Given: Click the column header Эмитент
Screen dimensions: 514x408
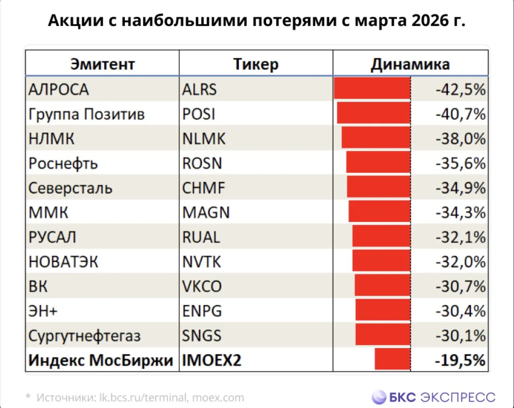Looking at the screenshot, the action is coord(103,64).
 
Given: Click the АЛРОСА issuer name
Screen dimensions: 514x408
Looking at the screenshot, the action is coord(59,89).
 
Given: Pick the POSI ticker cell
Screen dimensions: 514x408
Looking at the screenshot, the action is coord(199,114).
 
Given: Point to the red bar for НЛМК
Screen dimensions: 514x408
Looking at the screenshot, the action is coord(376,137).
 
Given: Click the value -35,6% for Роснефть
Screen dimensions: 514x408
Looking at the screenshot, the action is coord(461,163).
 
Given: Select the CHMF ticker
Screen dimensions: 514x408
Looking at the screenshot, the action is coord(204,187).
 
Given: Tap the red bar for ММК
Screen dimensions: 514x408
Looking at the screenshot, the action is coord(380,211).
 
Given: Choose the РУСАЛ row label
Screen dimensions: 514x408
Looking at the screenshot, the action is coord(52,237).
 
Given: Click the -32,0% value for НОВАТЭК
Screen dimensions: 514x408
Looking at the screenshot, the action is coord(461,262).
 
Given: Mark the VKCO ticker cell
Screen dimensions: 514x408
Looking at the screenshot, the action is coord(202,286).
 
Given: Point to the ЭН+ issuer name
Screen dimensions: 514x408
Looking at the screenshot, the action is coord(43,311).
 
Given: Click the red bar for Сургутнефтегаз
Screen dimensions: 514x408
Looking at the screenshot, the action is coord(383,334).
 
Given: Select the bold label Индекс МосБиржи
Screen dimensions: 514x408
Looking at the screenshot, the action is coord(101,360).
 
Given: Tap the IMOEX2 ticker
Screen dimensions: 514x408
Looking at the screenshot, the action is coord(212,360).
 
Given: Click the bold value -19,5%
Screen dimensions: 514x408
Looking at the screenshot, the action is coord(460,360).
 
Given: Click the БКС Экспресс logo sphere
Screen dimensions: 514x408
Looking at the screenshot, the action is coord(379,397).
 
